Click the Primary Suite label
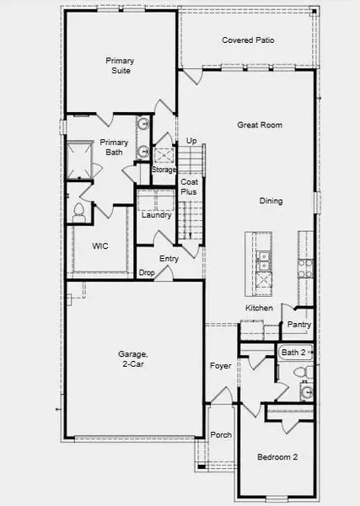click(121, 66)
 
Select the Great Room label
click(259, 125)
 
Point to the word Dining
click(270, 201)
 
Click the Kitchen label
click(259, 309)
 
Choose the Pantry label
click(299, 325)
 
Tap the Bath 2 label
click(293, 352)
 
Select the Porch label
click(222, 435)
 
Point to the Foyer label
click(221, 365)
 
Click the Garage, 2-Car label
click(132, 359)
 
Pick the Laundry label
click(157, 215)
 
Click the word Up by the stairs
click(191, 141)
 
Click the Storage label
click(164, 170)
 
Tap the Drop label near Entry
click(147, 272)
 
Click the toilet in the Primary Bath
click(80, 210)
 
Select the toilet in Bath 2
click(299, 371)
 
